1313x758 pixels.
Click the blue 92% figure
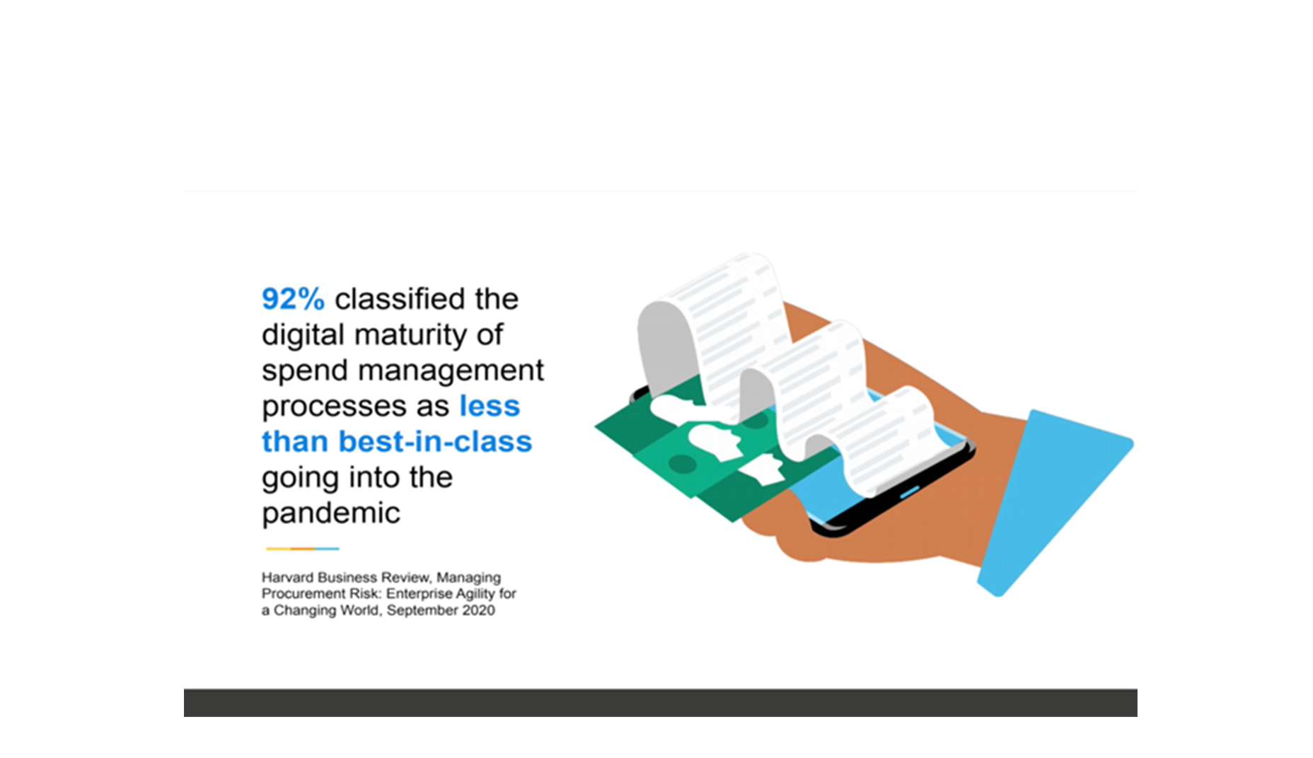tap(293, 299)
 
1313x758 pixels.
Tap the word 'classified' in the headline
tap(400, 298)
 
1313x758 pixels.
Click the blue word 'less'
tap(490, 406)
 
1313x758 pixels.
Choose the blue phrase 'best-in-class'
tap(435, 441)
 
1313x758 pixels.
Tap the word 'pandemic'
tap(331, 513)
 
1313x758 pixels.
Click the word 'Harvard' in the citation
tap(287, 577)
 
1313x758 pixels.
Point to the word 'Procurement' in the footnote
tap(301, 593)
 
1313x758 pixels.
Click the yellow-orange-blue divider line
tap(303, 549)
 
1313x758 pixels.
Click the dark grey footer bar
tap(660, 703)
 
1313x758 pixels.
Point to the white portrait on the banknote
tap(715, 439)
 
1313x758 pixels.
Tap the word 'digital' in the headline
tap(303, 334)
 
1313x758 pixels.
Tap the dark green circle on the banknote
tap(683, 465)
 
